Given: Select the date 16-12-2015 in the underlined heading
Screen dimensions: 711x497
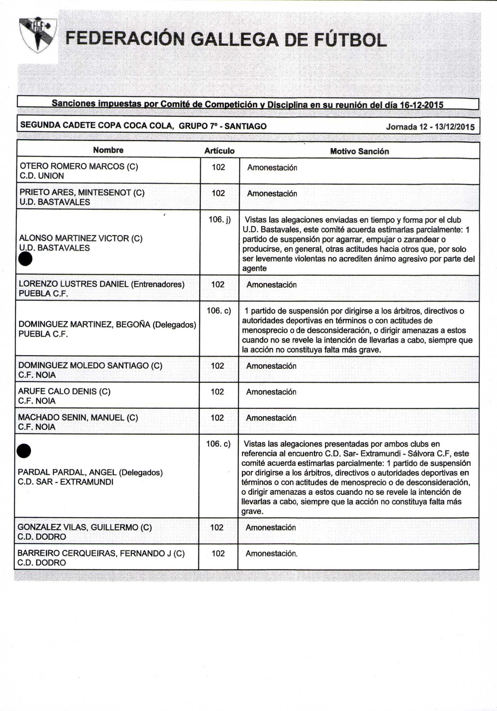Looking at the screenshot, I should (422, 105).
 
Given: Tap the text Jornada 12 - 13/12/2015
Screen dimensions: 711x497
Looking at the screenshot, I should (430, 127).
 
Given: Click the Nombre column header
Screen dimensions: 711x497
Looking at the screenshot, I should (108, 150).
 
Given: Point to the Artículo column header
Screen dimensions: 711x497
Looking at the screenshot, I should (219, 151).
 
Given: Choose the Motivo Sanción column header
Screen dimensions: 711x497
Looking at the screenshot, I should (359, 151).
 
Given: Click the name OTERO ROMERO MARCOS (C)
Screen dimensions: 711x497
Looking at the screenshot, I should (79, 166).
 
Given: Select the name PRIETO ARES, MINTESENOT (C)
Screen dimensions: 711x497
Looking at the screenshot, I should (82, 193).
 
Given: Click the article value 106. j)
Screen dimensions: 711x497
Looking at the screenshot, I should (219, 220).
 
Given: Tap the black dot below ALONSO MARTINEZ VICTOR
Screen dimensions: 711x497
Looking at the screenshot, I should (25, 259).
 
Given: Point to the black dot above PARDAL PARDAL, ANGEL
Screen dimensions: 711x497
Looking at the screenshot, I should (24, 450).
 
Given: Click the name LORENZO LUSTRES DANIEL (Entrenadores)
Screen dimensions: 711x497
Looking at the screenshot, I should (102, 284).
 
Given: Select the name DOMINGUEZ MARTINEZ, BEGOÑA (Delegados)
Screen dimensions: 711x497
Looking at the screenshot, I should (107, 325).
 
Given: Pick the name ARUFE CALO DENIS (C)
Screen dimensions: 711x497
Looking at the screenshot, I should (64, 391).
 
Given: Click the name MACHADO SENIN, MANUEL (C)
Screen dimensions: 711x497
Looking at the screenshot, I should (78, 417).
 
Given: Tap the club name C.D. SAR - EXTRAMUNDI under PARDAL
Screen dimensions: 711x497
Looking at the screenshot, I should (65, 482).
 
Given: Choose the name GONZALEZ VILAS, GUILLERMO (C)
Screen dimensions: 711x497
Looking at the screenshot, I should (85, 527).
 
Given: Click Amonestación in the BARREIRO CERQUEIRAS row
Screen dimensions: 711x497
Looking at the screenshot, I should (272, 553).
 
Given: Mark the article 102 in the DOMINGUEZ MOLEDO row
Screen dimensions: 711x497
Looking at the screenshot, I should (217, 366).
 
